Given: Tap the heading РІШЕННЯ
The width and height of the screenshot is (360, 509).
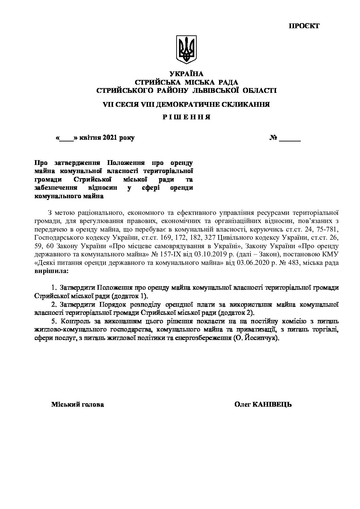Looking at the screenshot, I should click(186, 117).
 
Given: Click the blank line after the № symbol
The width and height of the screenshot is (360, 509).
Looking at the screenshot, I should click(290, 139).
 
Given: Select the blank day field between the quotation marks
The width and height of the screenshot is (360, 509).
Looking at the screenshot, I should click(67, 139).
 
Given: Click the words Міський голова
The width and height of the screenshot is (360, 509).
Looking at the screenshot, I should click(78, 405).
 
